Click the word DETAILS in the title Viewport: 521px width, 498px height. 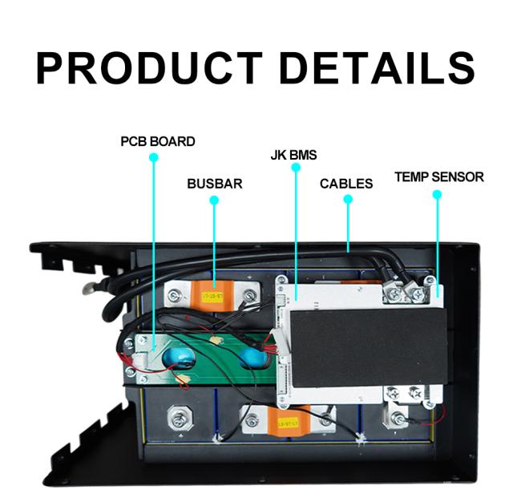[378, 68]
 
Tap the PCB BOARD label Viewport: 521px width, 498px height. [157, 142]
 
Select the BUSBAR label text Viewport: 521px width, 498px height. [215, 184]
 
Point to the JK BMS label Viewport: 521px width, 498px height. [293, 156]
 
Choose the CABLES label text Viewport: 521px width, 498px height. [346, 184]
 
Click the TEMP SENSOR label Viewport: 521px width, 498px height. [439, 177]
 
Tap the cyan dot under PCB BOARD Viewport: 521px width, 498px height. [154, 157]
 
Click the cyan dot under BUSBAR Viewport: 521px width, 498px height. [214, 200]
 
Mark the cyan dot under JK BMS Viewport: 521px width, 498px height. [296, 168]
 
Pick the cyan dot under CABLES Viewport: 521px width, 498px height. [348, 199]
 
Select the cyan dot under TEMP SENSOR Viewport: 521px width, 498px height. [438, 195]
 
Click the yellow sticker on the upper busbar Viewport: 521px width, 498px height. [213, 296]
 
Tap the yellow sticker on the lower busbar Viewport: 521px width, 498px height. [289, 423]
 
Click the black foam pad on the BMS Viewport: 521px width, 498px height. [369, 348]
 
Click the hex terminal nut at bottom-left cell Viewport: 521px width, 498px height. [180, 418]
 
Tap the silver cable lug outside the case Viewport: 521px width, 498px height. [90, 288]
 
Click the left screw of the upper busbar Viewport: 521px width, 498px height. [175, 295]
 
